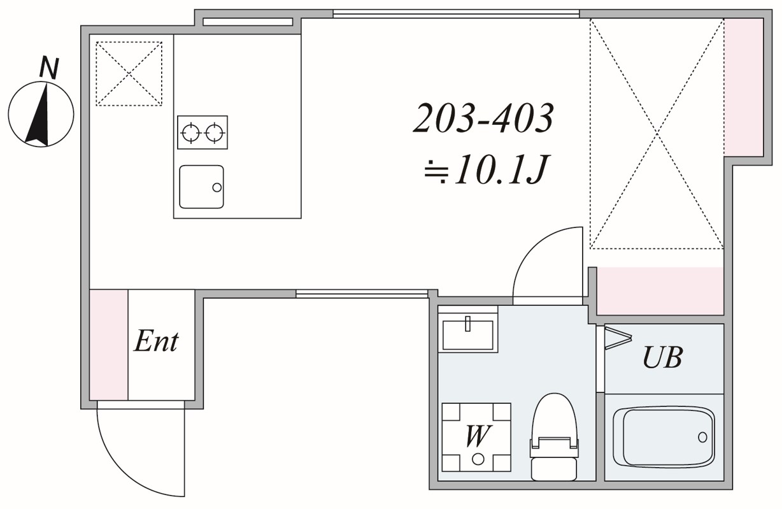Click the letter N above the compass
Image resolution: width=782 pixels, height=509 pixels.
point(49,68)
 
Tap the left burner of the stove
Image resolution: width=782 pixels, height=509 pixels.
point(190,133)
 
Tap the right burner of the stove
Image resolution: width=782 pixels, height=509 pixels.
point(215,133)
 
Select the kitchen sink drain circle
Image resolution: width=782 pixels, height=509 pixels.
point(217,187)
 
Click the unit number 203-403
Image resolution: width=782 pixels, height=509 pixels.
point(483,118)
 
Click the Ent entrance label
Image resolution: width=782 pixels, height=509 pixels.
point(156,341)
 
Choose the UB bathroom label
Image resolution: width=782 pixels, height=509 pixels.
point(662,357)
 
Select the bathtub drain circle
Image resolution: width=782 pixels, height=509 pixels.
point(702,437)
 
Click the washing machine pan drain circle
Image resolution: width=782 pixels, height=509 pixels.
point(478,459)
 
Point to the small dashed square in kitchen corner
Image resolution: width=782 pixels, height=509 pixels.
point(129,73)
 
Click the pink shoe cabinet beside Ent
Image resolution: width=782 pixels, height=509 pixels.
point(109,345)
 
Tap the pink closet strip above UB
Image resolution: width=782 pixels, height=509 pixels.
point(660,290)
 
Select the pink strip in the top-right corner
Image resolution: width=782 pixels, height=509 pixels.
point(744,87)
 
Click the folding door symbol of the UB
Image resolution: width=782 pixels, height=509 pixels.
point(618,338)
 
